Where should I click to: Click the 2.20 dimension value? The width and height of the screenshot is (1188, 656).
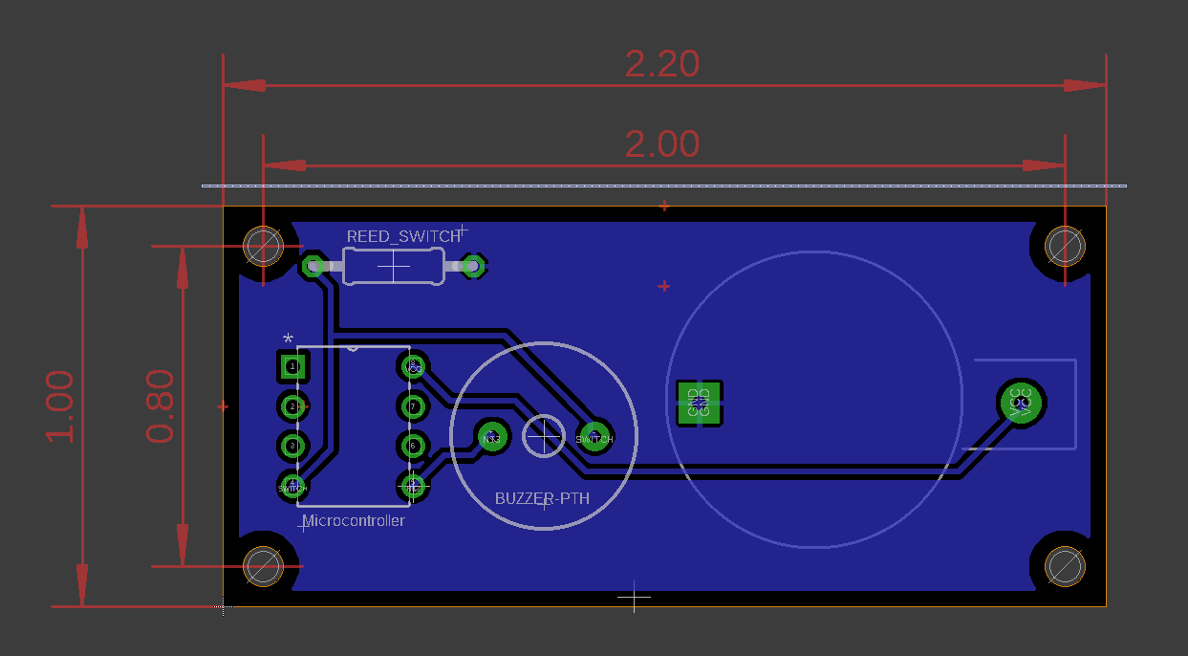click(x=662, y=64)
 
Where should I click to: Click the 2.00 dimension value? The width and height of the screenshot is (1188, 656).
click(x=662, y=144)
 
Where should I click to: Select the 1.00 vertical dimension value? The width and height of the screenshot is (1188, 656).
click(x=60, y=405)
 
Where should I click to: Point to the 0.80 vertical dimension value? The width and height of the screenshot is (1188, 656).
click(x=161, y=405)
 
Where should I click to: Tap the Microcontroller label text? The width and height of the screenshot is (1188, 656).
click(x=353, y=521)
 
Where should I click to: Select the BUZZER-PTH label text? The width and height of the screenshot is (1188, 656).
click(x=542, y=499)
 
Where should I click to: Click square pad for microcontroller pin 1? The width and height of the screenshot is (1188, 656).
click(x=292, y=366)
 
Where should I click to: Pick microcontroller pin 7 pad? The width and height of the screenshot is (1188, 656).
click(x=413, y=406)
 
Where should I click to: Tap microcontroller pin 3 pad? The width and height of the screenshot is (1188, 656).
click(x=292, y=446)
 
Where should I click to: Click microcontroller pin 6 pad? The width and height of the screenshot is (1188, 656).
click(x=413, y=446)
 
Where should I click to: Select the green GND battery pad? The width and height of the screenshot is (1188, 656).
click(x=700, y=404)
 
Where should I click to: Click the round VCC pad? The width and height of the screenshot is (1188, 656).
click(x=1022, y=404)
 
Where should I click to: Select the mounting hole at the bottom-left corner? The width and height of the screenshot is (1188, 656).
click(x=263, y=566)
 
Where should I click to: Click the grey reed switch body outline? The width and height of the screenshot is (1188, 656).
click(x=393, y=266)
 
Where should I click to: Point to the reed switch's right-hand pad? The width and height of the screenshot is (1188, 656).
click(x=471, y=266)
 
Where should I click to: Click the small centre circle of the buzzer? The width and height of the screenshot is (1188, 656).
click(x=544, y=436)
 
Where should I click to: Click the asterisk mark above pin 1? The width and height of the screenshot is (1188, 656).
click(x=289, y=339)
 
